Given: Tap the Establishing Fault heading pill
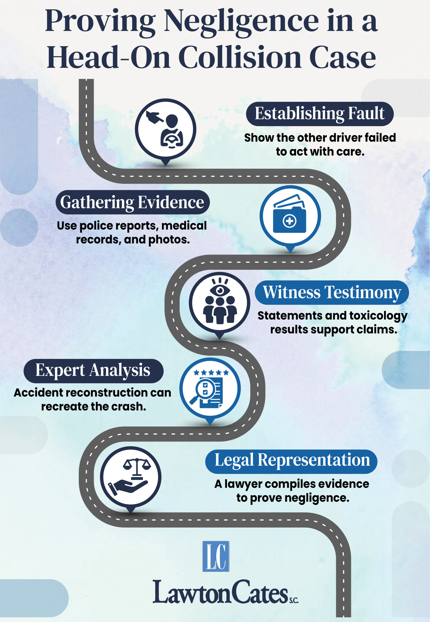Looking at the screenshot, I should tap(320, 114).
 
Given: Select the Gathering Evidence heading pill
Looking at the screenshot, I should tap(133, 202).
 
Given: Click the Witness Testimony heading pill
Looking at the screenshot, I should tap(332, 293).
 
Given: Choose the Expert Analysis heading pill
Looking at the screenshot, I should tap(93, 371).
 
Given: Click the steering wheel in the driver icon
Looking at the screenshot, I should tap(172, 139).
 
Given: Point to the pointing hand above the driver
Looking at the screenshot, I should tap(154, 117).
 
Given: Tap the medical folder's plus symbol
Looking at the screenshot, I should tap(289, 221).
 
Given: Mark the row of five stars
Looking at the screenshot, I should tap(211, 373).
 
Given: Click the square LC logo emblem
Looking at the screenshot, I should tap(216, 556).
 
